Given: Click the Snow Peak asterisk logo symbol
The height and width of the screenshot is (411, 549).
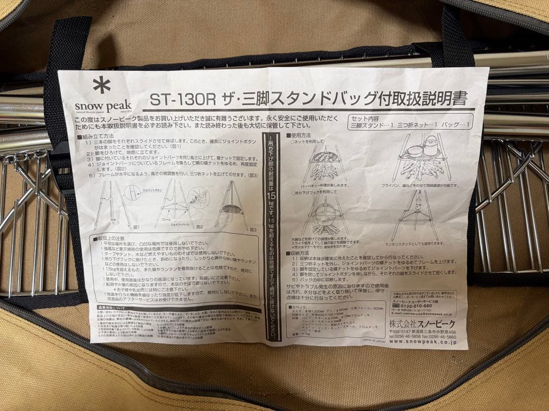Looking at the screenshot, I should pyautogui.click(x=102, y=85).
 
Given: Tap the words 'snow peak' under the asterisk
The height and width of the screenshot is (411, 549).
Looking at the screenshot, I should pyautogui.click(x=103, y=106).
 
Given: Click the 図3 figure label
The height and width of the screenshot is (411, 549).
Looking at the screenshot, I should pyautogui.click(x=252, y=229).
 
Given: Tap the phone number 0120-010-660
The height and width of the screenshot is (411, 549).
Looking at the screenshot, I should pyautogui.click(x=416, y=306).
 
